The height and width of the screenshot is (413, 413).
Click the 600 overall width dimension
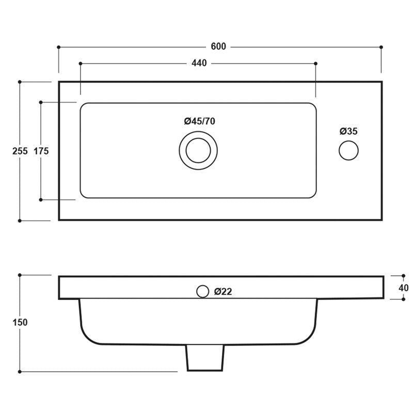[x=218, y=46]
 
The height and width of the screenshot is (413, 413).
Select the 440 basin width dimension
[x=199, y=63]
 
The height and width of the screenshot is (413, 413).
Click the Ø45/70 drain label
[x=199, y=121]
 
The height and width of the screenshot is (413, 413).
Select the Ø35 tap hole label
[x=348, y=131]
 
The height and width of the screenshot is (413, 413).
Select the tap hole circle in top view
[x=348, y=151]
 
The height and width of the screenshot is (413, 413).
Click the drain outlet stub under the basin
[x=205, y=357]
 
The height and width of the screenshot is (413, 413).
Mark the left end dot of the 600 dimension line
[x=58, y=47]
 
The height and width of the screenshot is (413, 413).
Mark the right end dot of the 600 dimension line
[x=382, y=47]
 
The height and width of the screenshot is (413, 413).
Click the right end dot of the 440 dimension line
[x=316, y=63]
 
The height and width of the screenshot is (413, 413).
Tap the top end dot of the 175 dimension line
[x=41, y=102]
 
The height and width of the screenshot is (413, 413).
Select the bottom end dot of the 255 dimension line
[x=20, y=220]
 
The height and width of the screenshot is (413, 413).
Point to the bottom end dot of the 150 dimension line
[x=20, y=371]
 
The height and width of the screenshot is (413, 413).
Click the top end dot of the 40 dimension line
[x=402, y=276]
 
